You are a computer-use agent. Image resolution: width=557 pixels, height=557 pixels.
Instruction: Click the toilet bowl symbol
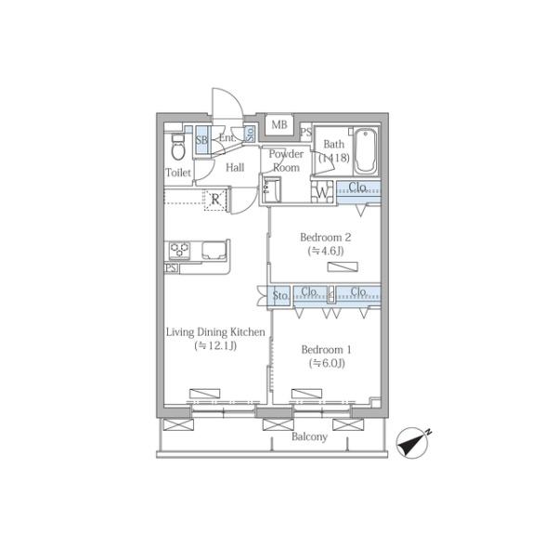point(178,148)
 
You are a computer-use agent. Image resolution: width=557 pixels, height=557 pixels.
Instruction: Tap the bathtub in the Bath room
point(366,151)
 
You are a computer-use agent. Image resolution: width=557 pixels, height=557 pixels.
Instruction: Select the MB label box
point(279,124)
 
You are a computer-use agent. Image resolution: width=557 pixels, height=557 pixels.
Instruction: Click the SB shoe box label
point(201,139)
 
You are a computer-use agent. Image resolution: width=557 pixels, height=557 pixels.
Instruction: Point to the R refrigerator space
point(215,200)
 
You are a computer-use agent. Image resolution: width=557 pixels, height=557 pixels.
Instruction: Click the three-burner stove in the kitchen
point(179,250)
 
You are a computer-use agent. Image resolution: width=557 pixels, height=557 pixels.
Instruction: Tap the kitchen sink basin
point(214,250)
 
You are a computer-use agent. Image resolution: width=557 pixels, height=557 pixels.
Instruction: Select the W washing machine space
point(322,192)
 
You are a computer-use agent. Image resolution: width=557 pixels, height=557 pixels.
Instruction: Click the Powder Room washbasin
point(272,190)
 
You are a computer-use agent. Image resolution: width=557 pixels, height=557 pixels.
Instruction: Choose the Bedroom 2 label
point(326,238)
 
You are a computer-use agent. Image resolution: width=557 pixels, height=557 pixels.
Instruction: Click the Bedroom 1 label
point(326,350)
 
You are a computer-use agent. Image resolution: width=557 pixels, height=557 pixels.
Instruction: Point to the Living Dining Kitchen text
point(215,332)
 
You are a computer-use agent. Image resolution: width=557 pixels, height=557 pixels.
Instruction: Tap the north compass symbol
point(413,443)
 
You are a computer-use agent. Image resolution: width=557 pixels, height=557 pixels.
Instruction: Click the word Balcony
point(309,436)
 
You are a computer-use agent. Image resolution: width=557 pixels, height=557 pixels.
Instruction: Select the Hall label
point(235,167)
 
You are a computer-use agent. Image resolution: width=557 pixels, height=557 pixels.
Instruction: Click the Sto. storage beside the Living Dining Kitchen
point(279,295)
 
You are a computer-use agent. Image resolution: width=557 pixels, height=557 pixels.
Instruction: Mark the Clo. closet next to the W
point(358,192)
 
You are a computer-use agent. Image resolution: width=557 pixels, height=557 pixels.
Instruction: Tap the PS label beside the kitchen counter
point(171,268)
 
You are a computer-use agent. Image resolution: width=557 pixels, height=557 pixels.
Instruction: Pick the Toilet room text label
point(178,173)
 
